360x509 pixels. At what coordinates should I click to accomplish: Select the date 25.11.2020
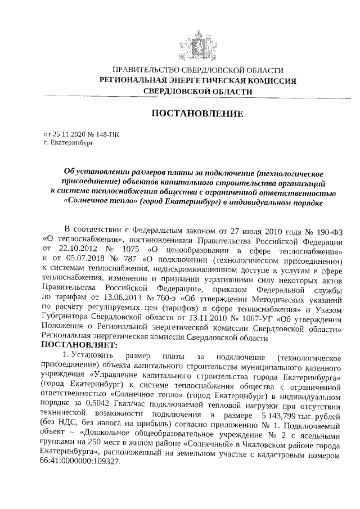point(67,135)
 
